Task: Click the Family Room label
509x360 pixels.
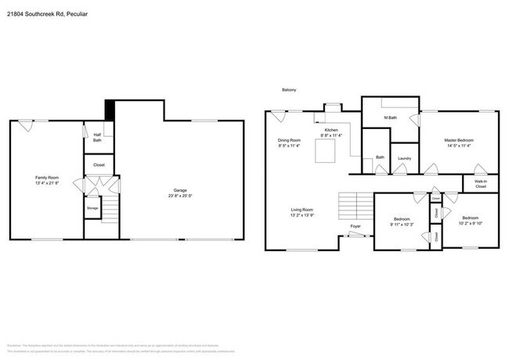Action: pos(47,178)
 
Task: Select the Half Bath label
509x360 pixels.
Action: pos(97,138)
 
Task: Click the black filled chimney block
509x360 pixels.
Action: pos(110,110)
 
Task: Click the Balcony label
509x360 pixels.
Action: pos(289,91)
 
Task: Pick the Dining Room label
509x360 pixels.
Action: pos(289,140)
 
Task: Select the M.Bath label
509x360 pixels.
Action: pos(391,118)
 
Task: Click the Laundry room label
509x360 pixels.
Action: pos(404,158)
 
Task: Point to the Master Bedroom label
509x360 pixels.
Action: pos(459,140)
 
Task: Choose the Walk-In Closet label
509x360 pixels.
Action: pos(480,185)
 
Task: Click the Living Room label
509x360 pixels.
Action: pos(302,209)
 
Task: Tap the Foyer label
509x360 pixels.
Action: pos(356,226)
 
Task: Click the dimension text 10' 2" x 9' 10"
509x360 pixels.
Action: pos(470,222)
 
